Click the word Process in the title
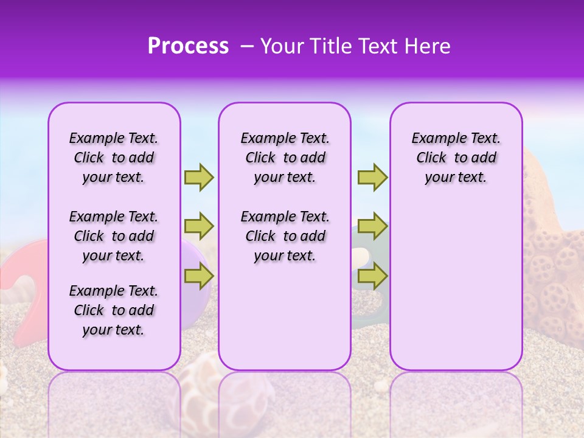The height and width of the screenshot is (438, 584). pyautogui.click(x=188, y=46)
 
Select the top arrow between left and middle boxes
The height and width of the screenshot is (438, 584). pyautogui.click(x=199, y=177)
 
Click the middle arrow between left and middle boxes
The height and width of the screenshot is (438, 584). pyautogui.click(x=199, y=227)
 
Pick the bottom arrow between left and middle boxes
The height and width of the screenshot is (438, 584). pyautogui.click(x=199, y=277)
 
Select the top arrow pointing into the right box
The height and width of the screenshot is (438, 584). pyautogui.click(x=372, y=177)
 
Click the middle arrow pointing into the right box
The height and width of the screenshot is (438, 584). pyautogui.click(x=372, y=227)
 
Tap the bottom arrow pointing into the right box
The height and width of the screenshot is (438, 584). pyautogui.click(x=372, y=277)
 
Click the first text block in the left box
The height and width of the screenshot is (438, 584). pyautogui.click(x=114, y=158)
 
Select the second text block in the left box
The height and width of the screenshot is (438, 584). pyautogui.click(x=114, y=236)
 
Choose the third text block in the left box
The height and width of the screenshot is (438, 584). pyautogui.click(x=114, y=310)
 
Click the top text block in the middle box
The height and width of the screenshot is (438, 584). pyautogui.click(x=285, y=158)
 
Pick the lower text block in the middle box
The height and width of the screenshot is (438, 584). pyautogui.click(x=285, y=236)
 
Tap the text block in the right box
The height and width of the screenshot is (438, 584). pyautogui.click(x=456, y=158)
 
